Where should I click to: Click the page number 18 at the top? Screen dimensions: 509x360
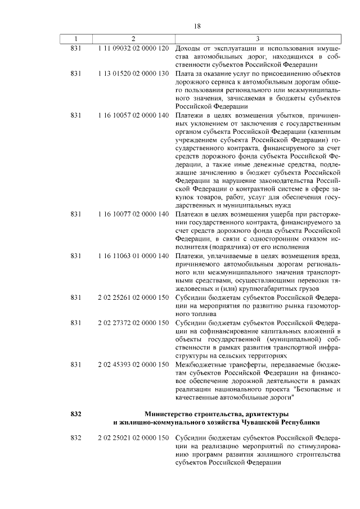pos(197,26)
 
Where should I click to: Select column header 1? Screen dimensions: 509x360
pos(76,38)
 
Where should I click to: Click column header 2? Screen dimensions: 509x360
pos(133,38)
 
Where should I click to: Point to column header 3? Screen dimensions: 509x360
pos(257,38)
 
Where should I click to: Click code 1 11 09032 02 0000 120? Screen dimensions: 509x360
pos(133,48)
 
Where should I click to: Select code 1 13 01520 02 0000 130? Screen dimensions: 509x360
pos(133,74)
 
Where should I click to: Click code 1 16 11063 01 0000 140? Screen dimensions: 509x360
pos(133,256)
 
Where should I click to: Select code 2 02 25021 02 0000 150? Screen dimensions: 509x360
pos(133,437)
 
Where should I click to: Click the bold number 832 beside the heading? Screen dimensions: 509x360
pos(76,414)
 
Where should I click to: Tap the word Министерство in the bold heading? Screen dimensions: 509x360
pos(169,414)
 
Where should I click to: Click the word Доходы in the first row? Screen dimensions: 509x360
pos(188,48)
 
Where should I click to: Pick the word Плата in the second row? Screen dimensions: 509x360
pos(184,74)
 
